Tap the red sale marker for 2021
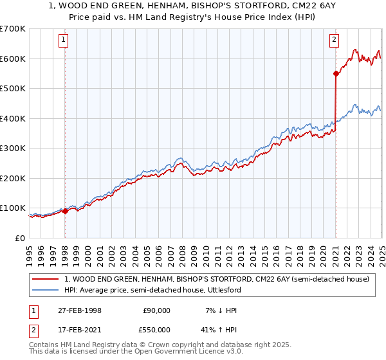pyautogui.click(x=336, y=73)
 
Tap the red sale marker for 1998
pyautogui.click(x=66, y=211)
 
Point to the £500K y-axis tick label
pyautogui.click(x=12, y=89)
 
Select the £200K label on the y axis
pyautogui.click(x=12, y=178)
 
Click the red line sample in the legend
pyautogui.click(x=46, y=279)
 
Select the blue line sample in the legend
pyautogui.click(x=46, y=290)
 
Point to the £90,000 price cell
pyautogui.click(x=157, y=310)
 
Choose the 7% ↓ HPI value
pyautogui.click(x=220, y=310)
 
